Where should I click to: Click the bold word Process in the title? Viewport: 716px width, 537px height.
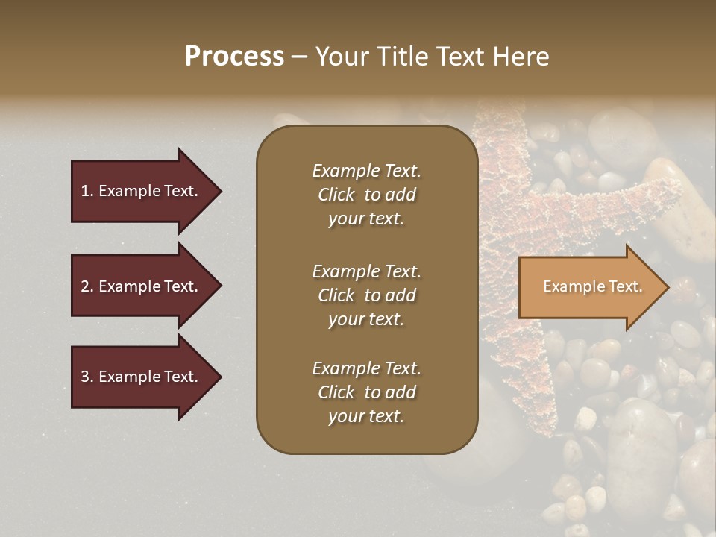pos(234,57)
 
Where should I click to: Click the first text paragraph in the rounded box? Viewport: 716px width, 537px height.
pos(366,195)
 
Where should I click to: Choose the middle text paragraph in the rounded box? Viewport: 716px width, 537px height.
pos(366,295)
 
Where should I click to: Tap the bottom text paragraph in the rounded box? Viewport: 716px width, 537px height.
pos(366,392)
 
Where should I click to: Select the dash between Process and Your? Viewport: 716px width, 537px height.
pos(299,57)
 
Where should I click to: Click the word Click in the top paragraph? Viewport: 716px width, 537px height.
pos(336,195)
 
